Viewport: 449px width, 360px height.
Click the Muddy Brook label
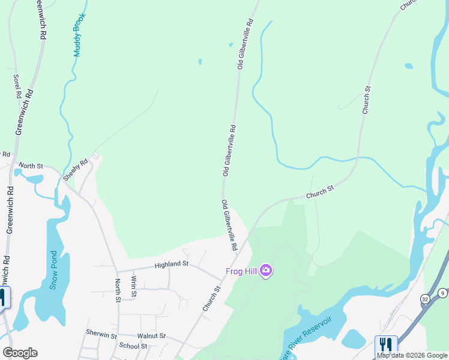(x=78, y=35)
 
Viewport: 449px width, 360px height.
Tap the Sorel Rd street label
(x=17, y=86)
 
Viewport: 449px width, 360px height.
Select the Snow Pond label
(x=53, y=270)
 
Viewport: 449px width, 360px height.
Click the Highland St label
(x=171, y=263)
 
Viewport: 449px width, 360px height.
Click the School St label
(x=133, y=346)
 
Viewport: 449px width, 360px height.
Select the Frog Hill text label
(x=241, y=271)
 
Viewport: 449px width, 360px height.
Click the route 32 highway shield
(x=425, y=299)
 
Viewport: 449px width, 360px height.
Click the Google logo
(x=20, y=352)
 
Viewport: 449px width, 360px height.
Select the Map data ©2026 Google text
(x=412, y=355)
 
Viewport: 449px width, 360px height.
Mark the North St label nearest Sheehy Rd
(x=31, y=165)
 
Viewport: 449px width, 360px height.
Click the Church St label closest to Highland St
(x=212, y=298)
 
